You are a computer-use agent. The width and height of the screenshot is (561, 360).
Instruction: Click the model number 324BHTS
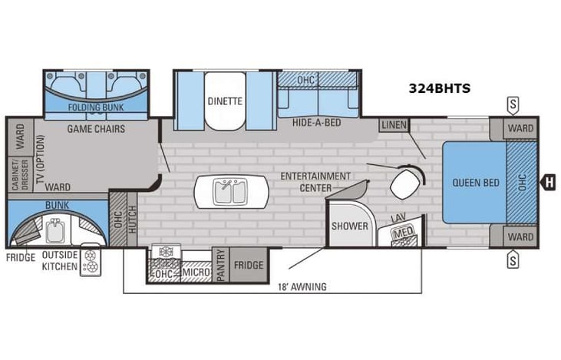pos(439,88)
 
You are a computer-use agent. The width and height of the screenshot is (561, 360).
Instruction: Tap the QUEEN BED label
pos(476,183)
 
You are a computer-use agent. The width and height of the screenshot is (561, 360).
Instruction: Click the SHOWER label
pos(349,226)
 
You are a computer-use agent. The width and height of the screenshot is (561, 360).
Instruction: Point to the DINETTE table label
pos(224,101)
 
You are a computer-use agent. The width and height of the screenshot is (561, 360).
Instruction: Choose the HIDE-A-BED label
pos(316,122)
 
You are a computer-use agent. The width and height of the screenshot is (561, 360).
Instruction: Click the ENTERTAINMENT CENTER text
pos(315,181)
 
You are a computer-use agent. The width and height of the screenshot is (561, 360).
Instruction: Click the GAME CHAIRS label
pos(96,128)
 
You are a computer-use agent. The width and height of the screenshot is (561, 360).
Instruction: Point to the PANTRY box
pos(220,265)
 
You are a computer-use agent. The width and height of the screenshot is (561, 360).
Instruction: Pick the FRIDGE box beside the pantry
pos(248,265)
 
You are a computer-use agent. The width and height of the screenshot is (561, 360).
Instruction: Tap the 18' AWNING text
pos(302,286)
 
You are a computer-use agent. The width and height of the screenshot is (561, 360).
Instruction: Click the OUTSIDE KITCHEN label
pos(59,260)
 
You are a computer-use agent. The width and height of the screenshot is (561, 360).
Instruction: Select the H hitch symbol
pos(548,182)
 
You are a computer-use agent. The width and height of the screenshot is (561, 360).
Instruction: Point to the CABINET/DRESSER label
pos(14,173)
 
